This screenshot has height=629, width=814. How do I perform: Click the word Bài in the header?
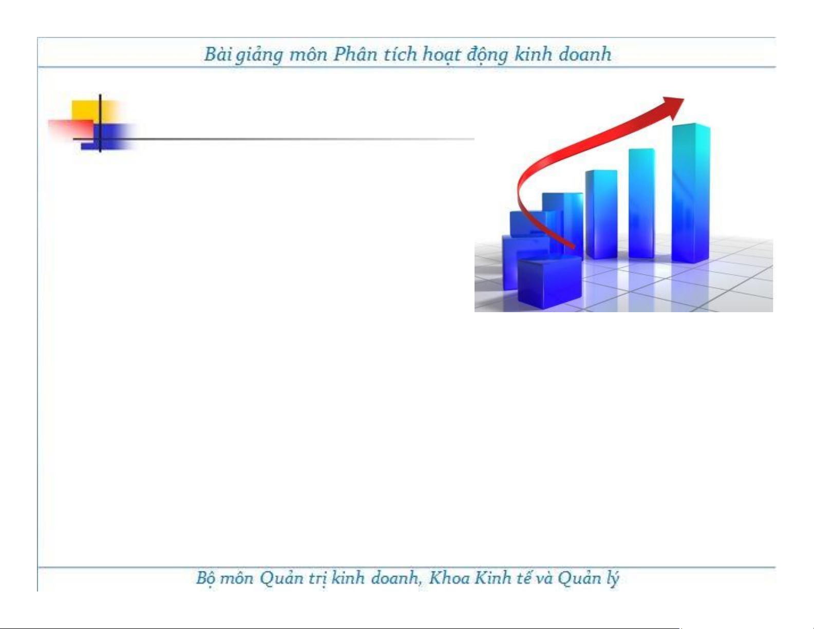coord(217,54)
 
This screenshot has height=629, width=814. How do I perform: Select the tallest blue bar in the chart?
coord(691,193)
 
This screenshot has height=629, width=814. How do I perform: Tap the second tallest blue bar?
coord(641,203)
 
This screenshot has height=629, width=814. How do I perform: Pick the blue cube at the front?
coord(550,281)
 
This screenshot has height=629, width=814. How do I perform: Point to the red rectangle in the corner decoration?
coord(71,129)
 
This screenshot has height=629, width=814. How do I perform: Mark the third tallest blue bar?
coord(601,215)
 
